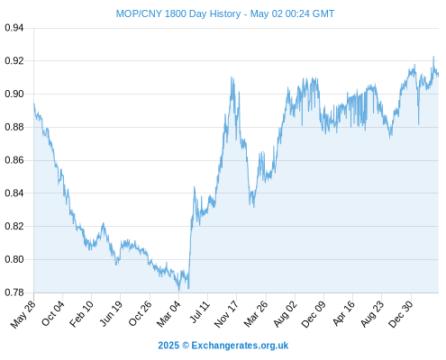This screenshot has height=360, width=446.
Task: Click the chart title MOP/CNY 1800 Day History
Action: pyautogui.click(x=178, y=13)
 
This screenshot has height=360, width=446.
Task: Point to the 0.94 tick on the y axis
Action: pyautogui.click(x=14, y=28)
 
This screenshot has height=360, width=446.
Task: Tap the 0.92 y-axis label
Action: pyautogui.click(x=14, y=61)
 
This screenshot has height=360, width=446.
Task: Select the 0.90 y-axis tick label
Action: pyautogui.click(x=14, y=94)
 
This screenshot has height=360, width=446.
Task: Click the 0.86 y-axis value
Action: pyautogui.click(x=14, y=160)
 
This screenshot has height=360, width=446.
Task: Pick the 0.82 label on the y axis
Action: pyautogui.click(x=14, y=226)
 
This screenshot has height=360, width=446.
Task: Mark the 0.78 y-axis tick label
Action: pyautogui.click(x=14, y=292)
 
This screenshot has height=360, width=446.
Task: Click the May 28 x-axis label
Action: pyautogui.click(x=23, y=314)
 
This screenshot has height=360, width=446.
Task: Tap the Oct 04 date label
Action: pyautogui.click(x=53, y=314)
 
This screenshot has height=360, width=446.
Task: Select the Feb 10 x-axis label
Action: pyautogui.click(x=81, y=314)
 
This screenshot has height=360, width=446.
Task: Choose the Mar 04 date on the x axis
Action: pyautogui.click(x=168, y=314)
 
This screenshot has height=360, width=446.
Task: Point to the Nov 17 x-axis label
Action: pyautogui.click(x=226, y=314)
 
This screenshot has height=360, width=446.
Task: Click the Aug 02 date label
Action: pyautogui.click(x=286, y=314)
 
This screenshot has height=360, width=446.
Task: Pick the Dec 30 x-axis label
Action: pyautogui.click(x=401, y=314)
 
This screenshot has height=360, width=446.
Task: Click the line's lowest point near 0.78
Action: pyautogui.click(x=179, y=291)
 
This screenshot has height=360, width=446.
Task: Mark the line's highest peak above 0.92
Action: pyautogui.click(x=433, y=57)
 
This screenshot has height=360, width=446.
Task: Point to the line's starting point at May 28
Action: pyautogui.click(x=34, y=103)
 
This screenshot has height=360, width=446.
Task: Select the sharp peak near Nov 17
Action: pyautogui.click(x=232, y=77)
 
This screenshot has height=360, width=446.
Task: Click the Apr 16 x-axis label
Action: pyautogui.click(x=344, y=314)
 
